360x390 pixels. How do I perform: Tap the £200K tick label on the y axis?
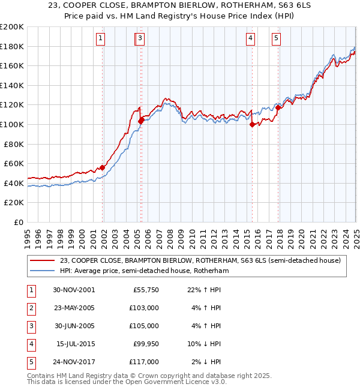click(x=12, y=27)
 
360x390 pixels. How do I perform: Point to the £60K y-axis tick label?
click(x=14, y=163)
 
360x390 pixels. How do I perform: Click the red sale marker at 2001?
click(x=103, y=167)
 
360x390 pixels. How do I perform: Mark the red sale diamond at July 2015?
click(x=252, y=124)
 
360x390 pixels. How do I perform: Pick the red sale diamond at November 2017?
click(x=278, y=107)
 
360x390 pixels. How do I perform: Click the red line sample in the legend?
click(x=43, y=260)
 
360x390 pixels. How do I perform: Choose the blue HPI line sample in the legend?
click(x=43, y=271)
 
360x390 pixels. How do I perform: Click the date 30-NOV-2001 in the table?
click(x=73, y=290)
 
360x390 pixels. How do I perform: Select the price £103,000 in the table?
click(x=144, y=308)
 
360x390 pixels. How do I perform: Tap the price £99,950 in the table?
click(x=146, y=344)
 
